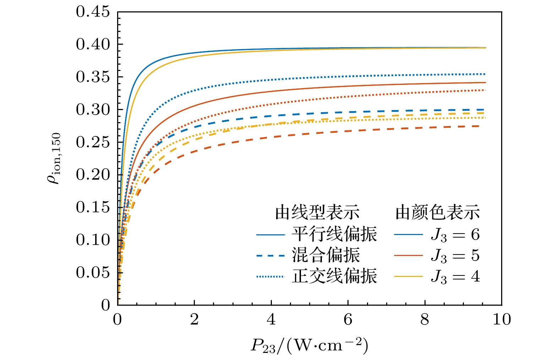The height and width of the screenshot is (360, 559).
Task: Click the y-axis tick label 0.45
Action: (x=93, y=12)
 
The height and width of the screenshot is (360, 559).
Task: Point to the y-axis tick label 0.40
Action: (x=93, y=45)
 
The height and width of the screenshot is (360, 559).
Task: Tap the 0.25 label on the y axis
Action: (x=93, y=142)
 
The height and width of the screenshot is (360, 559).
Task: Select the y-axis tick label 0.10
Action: (x=93, y=240)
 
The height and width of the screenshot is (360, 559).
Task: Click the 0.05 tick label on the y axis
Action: (x=93, y=273)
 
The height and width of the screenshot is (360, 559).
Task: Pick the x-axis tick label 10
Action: (x=501, y=320)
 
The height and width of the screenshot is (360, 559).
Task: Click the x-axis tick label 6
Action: (x=348, y=320)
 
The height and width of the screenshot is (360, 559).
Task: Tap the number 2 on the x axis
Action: (x=194, y=320)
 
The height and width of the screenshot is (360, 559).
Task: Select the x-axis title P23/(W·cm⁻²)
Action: (x=309, y=345)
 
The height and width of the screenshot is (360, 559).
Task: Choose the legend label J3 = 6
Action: (x=455, y=235)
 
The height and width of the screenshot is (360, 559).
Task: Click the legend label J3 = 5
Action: (x=455, y=256)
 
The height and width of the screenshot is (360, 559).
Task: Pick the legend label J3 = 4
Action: (x=455, y=277)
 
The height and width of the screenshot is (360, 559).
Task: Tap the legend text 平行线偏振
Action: (x=334, y=234)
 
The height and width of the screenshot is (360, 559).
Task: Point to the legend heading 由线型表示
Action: (x=317, y=213)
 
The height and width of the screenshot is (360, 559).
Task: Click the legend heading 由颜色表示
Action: (x=438, y=213)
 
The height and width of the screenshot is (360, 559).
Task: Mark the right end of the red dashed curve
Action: (x=485, y=126)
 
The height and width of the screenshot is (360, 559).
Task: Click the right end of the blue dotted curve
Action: (x=485, y=74)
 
